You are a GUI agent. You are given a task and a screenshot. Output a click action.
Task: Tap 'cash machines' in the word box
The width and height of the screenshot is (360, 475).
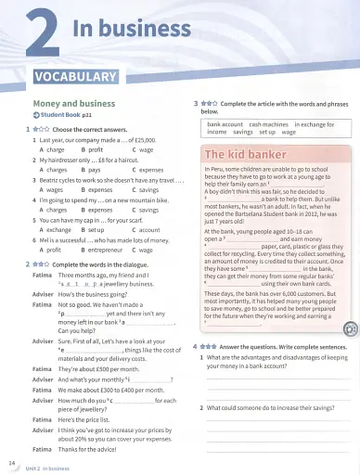tap(268, 123)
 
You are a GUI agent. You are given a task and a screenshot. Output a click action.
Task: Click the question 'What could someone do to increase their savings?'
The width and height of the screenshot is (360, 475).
tap(273, 408)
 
